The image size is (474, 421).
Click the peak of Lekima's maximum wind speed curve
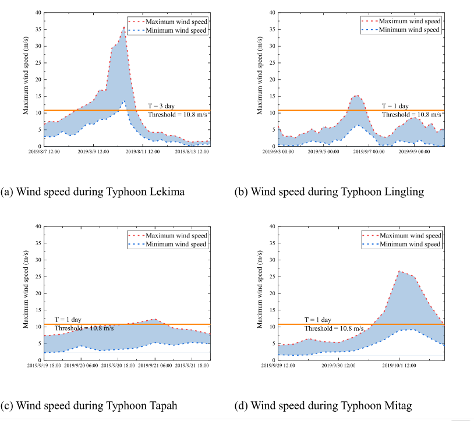(124, 27)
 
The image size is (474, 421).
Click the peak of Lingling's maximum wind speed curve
(356, 95)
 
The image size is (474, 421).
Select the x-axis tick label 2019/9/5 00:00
(324, 152)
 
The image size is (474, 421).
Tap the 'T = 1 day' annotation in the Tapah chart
(68, 320)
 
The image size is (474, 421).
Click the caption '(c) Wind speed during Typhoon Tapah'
(91, 405)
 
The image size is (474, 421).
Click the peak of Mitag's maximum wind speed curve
(399, 271)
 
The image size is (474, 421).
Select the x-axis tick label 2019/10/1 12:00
(399, 366)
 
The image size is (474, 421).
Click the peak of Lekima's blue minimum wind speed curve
(123, 101)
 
